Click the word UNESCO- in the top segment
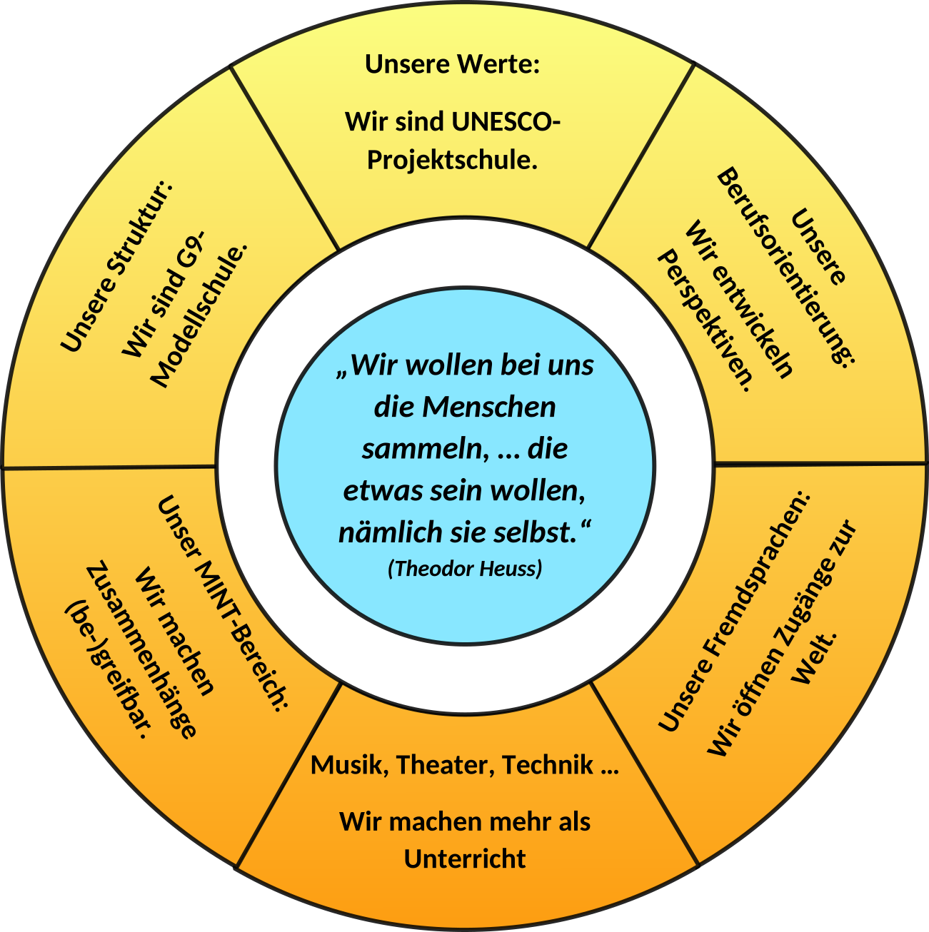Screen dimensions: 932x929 (x=505, y=121)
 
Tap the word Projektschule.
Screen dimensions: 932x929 (x=451, y=159)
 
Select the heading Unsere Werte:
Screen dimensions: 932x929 (x=451, y=64)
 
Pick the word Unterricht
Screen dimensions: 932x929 (x=465, y=858)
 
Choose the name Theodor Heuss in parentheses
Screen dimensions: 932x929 (x=465, y=569)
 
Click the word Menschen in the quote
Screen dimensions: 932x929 (x=489, y=407)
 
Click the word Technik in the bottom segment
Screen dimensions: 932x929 (x=548, y=765)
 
